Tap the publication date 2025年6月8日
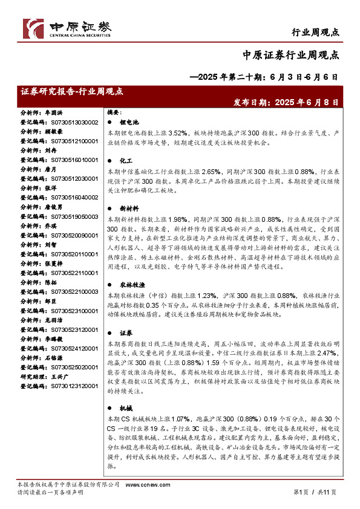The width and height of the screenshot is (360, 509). point(305,103)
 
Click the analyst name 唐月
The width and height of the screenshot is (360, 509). point(50,169)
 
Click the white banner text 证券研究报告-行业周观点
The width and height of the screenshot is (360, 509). point(72,91)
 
